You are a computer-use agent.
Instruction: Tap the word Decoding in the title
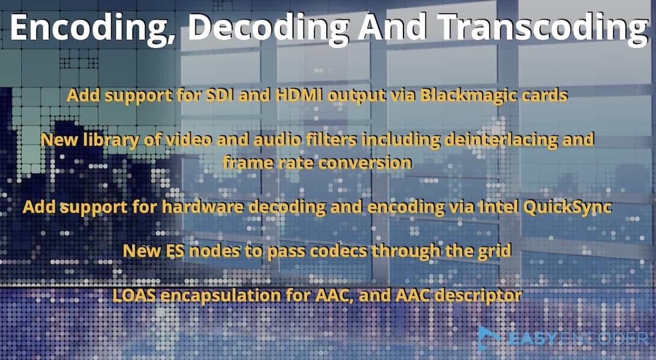coord(268,28)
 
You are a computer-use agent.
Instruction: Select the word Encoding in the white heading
coord(91,28)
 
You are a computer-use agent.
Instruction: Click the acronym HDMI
coord(300,95)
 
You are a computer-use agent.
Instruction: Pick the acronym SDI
coord(220,95)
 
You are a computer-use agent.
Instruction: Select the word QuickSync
coord(567,207)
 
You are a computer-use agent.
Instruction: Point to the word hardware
coord(203,206)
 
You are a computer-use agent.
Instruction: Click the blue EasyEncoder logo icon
coord(489,338)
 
